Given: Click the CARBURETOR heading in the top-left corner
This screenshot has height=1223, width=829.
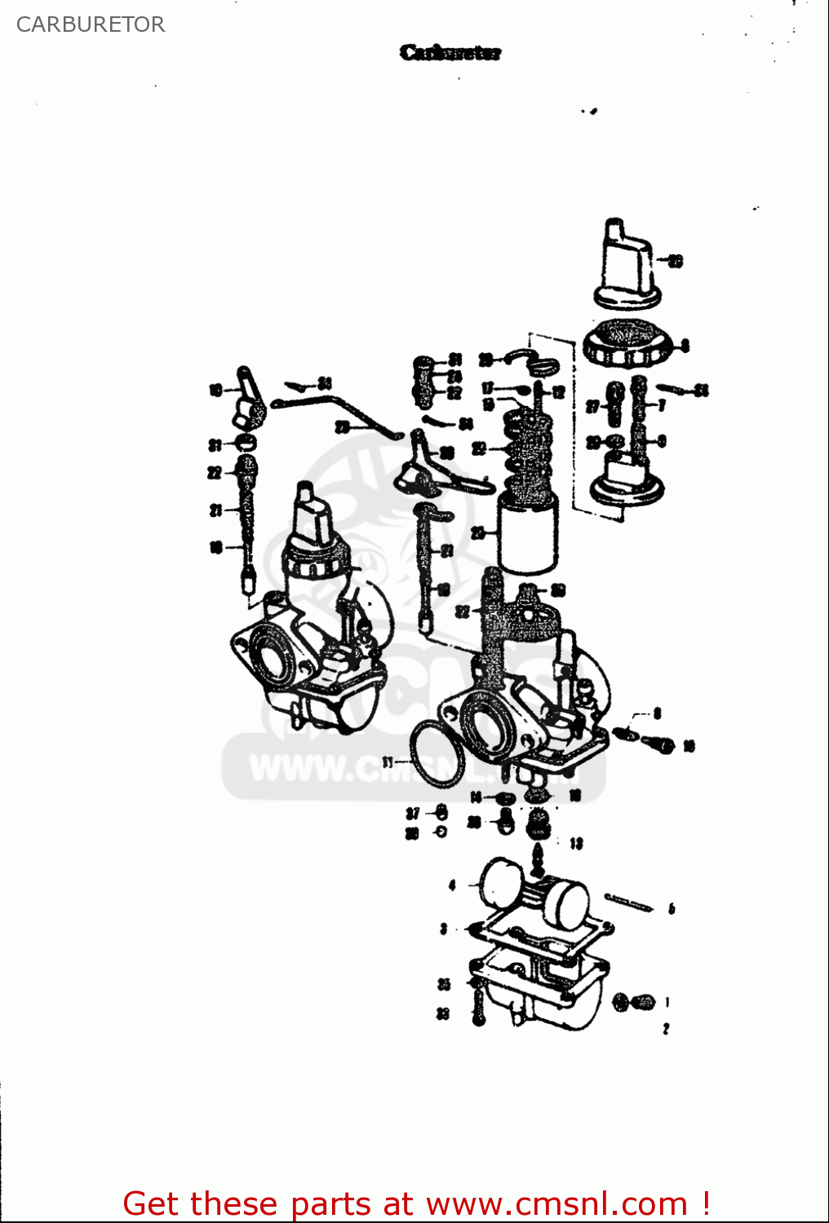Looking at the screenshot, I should (91, 24).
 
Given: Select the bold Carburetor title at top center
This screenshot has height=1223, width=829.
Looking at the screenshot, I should (450, 53).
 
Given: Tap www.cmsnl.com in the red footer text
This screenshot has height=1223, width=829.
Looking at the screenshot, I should (556, 1203).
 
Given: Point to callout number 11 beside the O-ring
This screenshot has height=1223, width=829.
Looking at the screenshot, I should (388, 762).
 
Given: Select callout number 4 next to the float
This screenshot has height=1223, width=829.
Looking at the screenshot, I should (452, 885).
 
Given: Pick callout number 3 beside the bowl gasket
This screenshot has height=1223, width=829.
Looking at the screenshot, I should (443, 929).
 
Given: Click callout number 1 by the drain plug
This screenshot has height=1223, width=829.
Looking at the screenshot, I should (667, 1002).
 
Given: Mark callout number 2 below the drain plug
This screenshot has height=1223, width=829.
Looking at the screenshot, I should (666, 1029).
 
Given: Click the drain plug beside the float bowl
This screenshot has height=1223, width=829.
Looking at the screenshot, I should (634, 1002).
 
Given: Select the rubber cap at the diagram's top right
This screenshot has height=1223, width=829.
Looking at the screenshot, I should (627, 265).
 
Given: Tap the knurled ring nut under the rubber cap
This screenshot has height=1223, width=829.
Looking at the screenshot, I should (627, 347).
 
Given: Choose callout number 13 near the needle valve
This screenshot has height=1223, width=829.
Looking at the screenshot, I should (576, 843).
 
